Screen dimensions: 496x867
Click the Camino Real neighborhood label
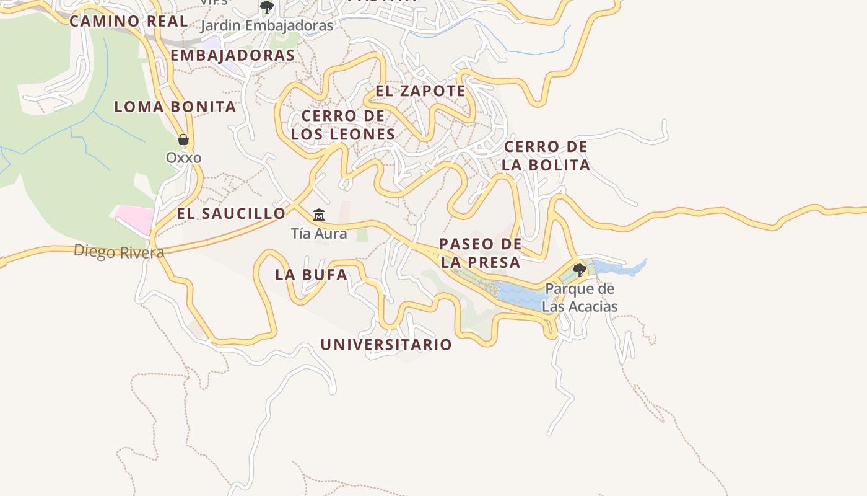click(128, 21)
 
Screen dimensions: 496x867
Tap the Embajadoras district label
click(232, 55)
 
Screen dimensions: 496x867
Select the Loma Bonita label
click(175, 107)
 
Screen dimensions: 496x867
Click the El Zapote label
click(420, 91)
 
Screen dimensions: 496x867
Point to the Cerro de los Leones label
click(343, 125)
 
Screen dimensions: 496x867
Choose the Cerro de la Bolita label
click(546, 156)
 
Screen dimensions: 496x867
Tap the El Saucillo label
click(231, 214)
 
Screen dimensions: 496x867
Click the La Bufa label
click(311, 275)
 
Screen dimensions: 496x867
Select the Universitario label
click(386, 345)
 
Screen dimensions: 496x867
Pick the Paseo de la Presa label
click(480, 253)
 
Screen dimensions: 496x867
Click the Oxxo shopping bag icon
click(183, 139)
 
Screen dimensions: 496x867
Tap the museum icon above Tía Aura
click(319, 215)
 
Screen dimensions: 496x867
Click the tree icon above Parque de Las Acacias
click(580, 270)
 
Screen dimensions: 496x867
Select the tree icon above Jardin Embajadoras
click(267, 7)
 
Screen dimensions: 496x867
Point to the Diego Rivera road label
click(119, 252)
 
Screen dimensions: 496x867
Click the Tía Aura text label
click(319, 234)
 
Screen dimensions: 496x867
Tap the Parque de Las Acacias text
click(580, 298)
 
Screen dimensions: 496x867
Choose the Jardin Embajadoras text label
click(267, 26)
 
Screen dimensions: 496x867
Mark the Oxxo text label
click(183, 157)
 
